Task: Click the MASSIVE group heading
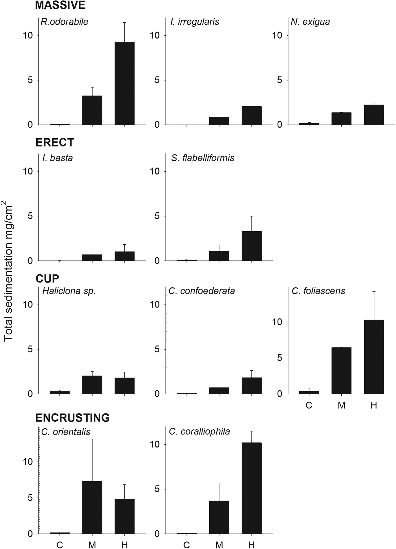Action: point(60,5)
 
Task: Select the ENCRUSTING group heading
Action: point(72,418)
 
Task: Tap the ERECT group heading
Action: point(55,143)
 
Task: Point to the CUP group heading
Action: point(47,279)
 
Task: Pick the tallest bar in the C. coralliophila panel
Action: point(251,488)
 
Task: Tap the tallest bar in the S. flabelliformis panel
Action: point(251,246)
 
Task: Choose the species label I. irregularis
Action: point(195,22)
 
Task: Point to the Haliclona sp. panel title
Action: point(69,291)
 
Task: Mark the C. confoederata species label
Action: point(202,291)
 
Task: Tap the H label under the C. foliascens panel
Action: point(374,405)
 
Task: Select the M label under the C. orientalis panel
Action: point(92,544)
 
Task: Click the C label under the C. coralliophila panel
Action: point(186,544)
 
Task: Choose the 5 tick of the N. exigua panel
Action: point(279,80)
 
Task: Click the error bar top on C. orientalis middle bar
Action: point(92,439)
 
